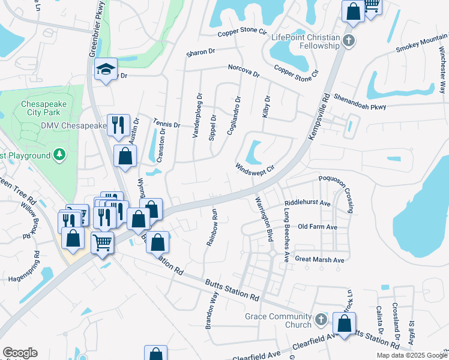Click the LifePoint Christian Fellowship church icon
click(348, 41)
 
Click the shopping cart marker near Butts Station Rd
click(102, 243)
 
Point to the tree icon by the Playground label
click(59, 155)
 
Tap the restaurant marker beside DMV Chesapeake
click(118, 125)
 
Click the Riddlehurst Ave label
click(308, 203)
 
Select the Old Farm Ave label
click(318, 227)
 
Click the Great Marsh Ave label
click(319, 260)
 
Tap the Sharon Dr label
click(200, 52)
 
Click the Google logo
click(20, 353)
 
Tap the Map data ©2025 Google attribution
click(411, 355)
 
